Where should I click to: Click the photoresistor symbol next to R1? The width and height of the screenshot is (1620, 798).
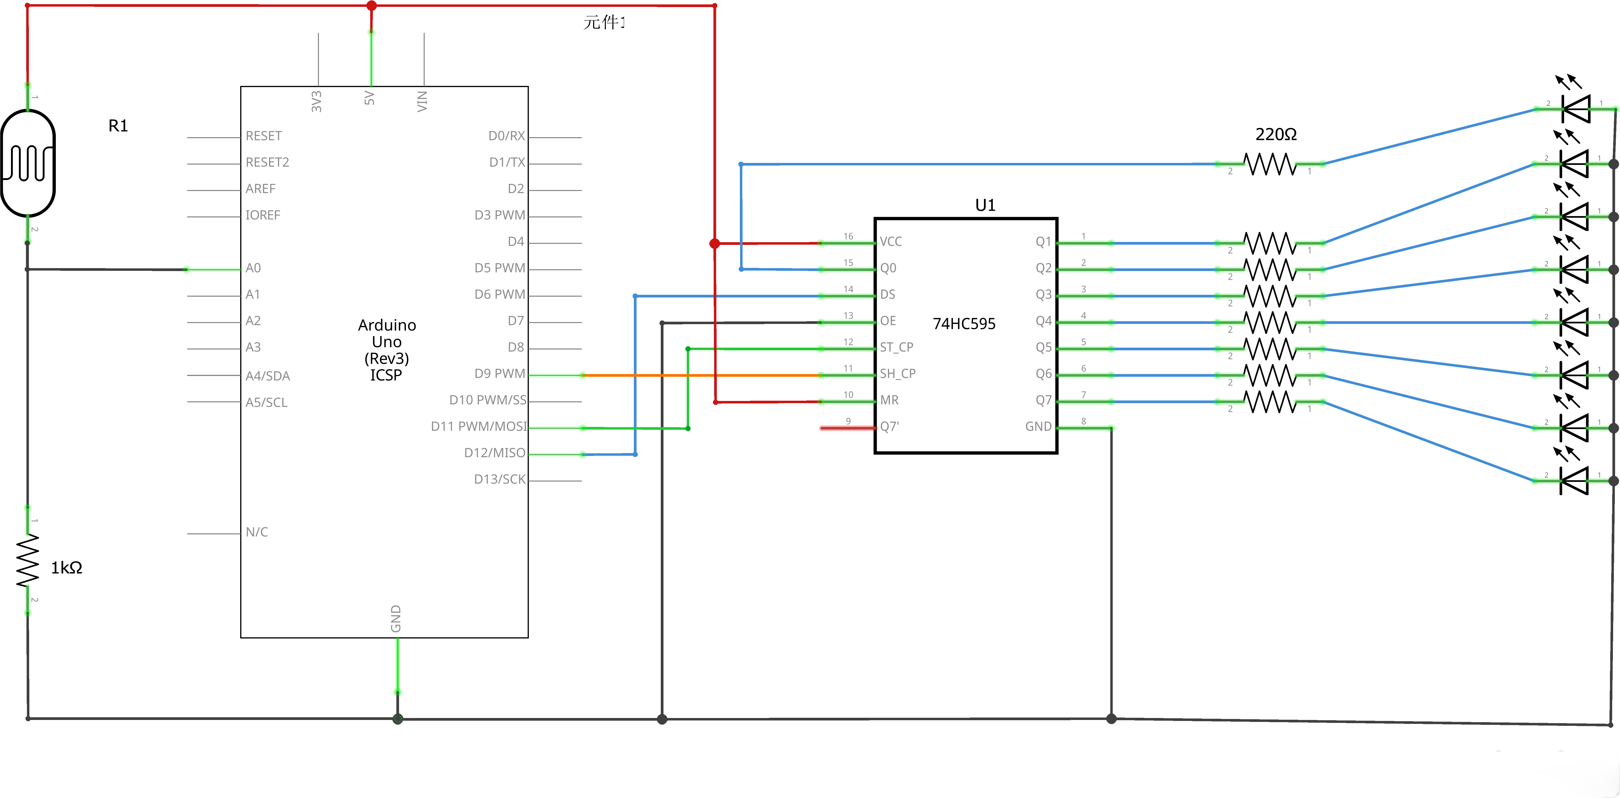(x=28, y=163)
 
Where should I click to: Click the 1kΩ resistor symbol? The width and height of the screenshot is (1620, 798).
(x=28, y=560)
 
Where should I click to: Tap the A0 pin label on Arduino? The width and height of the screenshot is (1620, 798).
(x=253, y=268)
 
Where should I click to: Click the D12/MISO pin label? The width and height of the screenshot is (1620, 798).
(x=494, y=453)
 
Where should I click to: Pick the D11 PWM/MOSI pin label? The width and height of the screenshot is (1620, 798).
(x=479, y=427)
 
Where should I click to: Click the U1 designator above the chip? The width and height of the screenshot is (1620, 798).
(x=985, y=205)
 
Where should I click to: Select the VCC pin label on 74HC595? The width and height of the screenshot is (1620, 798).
(x=890, y=242)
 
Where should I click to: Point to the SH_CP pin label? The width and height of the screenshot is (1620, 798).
(x=898, y=374)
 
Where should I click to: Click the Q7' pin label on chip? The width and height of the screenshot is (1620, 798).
(x=889, y=427)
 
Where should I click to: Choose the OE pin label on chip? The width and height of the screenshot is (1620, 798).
(x=887, y=321)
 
